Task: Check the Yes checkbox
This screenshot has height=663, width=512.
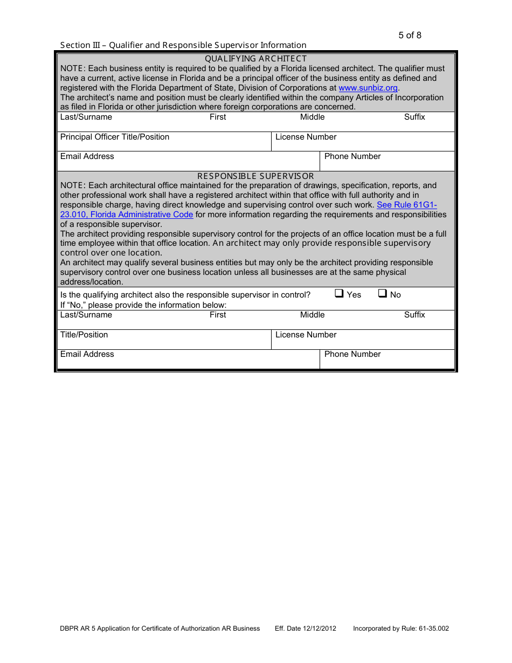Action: coord(340,294)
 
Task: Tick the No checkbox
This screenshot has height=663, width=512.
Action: coord(382,294)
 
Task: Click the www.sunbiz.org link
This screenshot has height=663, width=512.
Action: coord(368,88)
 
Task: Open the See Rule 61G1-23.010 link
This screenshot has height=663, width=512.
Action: coord(406,205)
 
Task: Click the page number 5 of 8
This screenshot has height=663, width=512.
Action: coord(410,36)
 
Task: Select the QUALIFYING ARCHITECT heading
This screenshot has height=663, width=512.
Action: coord(255,58)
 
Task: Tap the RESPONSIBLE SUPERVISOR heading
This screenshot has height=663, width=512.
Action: coord(255,176)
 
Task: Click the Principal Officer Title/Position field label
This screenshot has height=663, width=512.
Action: coord(115,137)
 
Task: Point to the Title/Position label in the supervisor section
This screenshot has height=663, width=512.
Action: coord(84,335)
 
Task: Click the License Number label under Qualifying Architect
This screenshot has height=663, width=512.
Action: coord(306,137)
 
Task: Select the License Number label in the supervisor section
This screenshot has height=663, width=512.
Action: coord(306,335)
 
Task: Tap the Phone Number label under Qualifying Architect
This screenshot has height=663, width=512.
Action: coord(352,156)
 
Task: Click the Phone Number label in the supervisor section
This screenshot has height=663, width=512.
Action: coord(352,354)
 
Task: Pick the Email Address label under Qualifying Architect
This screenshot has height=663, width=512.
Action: coord(87,156)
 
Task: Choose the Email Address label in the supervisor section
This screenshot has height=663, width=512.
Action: coord(87,354)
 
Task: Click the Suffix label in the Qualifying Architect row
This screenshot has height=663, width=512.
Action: coord(414,117)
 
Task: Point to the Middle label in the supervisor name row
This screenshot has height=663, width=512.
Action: coord(313,315)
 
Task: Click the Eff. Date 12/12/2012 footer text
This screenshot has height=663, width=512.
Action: coord(306,629)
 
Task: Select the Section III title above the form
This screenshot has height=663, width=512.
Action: coord(183,45)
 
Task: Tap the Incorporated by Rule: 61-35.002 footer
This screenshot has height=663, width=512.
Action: coord(401,629)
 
